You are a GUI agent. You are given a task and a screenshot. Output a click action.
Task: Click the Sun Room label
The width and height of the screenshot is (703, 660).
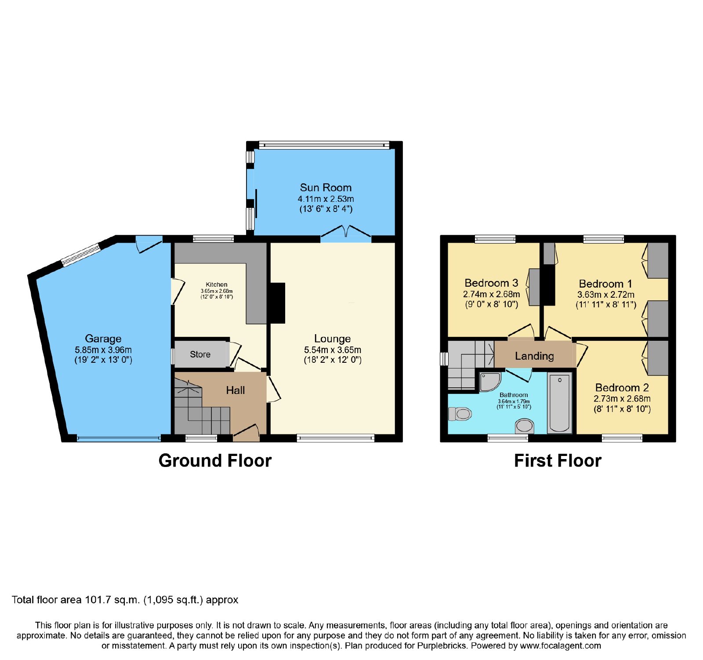tap(326, 188)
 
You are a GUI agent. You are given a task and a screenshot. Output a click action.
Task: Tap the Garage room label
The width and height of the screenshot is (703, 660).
tap(103, 339)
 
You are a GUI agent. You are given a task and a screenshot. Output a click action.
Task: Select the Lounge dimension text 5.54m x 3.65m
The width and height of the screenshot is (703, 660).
tap(333, 350)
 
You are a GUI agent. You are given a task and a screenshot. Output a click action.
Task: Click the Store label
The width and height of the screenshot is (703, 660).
tap(200, 354)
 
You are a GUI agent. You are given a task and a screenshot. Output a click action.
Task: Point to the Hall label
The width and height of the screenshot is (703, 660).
tap(236, 390)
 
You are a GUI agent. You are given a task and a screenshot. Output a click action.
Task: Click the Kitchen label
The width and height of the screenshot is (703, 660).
tap(217, 284)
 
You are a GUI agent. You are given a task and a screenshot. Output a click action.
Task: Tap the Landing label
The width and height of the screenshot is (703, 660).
tap(534, 356)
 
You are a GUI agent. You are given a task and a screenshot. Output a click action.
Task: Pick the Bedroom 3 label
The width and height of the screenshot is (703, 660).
tap(491, 283)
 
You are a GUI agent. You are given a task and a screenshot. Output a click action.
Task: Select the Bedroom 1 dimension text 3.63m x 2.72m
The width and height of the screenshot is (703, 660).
tap(606, 295)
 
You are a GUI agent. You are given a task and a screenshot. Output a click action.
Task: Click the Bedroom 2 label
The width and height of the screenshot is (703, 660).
tap(622, 387)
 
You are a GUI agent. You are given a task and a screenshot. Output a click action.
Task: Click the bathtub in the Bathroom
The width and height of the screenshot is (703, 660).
tap(559, 402)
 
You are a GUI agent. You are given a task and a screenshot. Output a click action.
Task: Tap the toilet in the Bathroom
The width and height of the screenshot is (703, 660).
tap(460, 414)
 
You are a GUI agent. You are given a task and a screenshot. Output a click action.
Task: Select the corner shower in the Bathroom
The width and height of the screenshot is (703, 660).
tap(489, 382)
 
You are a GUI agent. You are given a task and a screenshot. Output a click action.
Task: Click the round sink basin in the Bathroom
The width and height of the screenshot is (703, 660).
tap(524, 426)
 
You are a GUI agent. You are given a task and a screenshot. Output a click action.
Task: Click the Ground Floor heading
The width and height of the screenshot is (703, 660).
tap(215, 461)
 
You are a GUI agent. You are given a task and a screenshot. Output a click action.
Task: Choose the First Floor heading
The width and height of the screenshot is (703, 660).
tap(558, 461)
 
